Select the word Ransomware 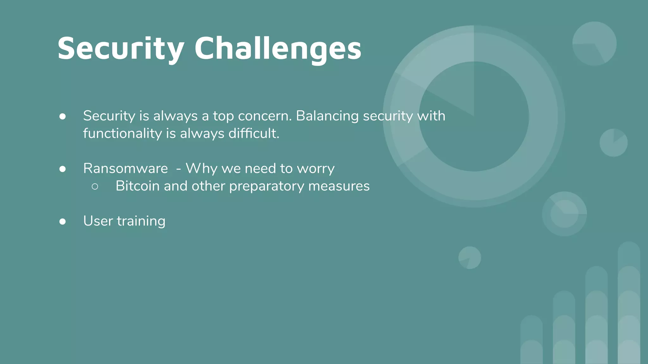coord(125,168)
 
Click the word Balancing coord(327,116)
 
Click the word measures coord(339,186)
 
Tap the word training coord(141,221)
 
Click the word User coord(98,221)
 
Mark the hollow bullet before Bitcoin coord(95,186)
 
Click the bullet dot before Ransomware coord(63,169)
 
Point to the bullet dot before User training coord(63,221)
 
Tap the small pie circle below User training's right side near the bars coord(470,258)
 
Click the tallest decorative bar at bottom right coord(629,303)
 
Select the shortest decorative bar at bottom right coord(532,340)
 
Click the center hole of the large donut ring coord(474,117)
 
